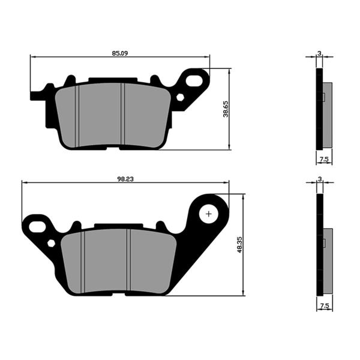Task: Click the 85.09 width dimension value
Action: pyautogui.click(x=119, y=53)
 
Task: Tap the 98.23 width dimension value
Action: pyautogui.click(x=125, y=178)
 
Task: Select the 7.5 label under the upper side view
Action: pyautogui.click(x=324, y=160)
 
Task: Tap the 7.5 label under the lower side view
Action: pyautogui.click(x=324, y=306)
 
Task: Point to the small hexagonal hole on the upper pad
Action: pyautogui.click(x=180, y=97)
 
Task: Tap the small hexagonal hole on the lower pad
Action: pyautogui.click(x=51, y=243)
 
